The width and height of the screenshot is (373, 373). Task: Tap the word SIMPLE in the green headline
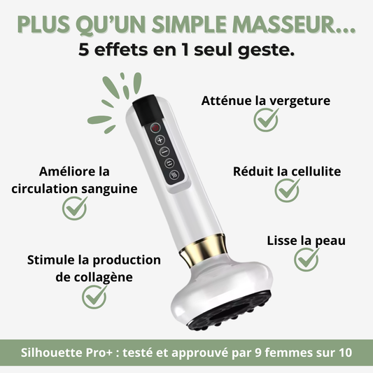tap(189, 24)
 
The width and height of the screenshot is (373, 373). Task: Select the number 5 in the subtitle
tap(83, 50)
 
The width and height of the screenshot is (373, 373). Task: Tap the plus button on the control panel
tap(160, 140)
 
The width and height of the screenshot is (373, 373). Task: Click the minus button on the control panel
tap(164, 152)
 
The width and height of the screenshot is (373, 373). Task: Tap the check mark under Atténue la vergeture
tap(266, 120)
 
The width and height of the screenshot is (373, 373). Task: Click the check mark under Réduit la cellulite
tap(287, 190)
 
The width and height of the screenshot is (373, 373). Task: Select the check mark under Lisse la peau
tap(307, 260)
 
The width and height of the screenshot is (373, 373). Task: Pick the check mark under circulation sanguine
tap(74, 208)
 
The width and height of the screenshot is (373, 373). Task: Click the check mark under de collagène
tap(94, 297)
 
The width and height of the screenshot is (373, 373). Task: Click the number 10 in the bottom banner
tap(346, 353)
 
